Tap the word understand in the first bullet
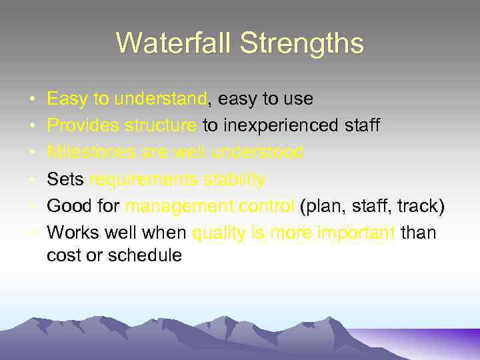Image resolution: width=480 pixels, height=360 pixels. click(x=161, y=99)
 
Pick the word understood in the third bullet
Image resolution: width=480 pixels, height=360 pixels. click(x=257, y=153)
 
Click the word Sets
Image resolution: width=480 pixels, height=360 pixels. click(x=65, y=179)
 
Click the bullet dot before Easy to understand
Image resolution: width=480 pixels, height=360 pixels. click(x=33, y=100)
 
